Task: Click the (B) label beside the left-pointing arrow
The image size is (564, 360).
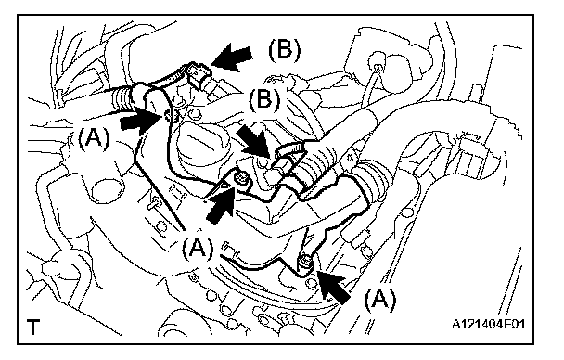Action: pos(284,49)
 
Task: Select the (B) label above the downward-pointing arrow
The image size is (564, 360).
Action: pos(264,99)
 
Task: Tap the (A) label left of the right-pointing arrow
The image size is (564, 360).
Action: pos(93,138)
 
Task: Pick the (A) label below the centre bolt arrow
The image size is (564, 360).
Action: pos(198,248)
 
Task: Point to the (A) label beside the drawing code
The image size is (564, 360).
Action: pos(380,300)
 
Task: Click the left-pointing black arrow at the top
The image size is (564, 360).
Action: pos(231,57)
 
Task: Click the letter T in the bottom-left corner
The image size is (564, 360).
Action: pos(32,327)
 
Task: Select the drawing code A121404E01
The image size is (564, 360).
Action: pos(489,324)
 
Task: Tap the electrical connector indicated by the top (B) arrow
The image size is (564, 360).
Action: pos(197,76)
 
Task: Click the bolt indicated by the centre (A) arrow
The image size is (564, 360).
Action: pos(241,179)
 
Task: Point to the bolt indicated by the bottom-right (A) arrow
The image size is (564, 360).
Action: pos(306,263)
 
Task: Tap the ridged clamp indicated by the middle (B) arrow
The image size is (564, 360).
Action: pos(288,151)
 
